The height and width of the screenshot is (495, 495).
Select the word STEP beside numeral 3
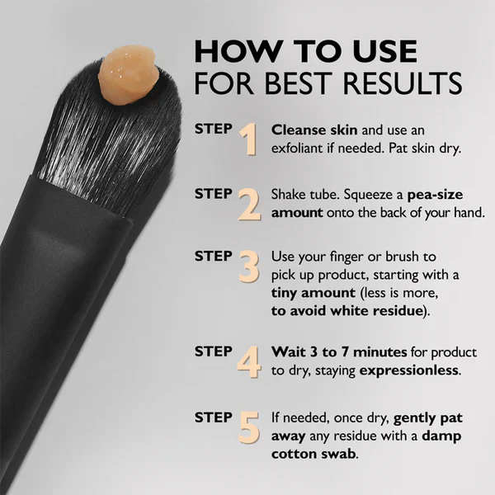click(214, 256)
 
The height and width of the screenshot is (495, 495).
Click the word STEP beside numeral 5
click(214, 417)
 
